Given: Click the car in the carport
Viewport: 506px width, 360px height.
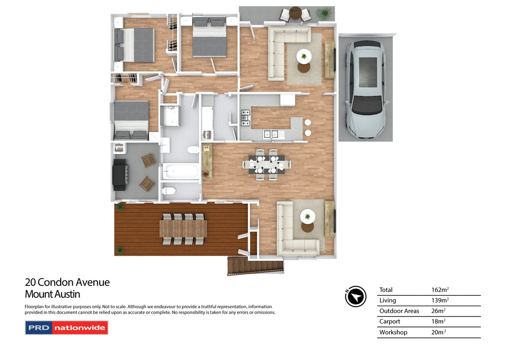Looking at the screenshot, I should [x=366, y=89].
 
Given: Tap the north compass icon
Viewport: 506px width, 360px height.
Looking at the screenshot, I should [x=355, y=296].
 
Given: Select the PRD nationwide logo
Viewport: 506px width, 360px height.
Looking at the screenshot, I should [x=66, y=328].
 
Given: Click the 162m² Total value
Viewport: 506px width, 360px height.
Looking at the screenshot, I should [x=441, y=290].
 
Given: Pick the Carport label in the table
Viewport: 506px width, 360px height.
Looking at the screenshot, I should [x=389, y=321].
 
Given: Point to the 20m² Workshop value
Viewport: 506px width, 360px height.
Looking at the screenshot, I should [x=439, y=332].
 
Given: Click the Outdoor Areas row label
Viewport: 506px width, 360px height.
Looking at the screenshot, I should [x=399, y=311].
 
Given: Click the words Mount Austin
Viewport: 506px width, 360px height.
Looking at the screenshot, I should [x=52, y=294].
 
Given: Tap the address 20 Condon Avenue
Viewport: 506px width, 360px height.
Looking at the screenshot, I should [x=67, y=282].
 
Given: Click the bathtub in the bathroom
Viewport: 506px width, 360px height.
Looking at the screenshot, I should [x=181, y=172].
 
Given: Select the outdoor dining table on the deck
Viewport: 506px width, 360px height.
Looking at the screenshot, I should [x=183, y=229].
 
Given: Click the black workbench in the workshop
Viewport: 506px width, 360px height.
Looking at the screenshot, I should [x=120, y=174].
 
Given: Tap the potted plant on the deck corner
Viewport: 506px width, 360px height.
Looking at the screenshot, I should [x=120, y=250].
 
